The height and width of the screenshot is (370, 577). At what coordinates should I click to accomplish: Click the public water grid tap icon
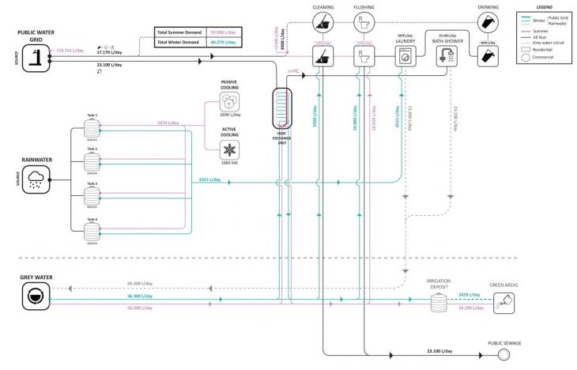[x=36, y=56]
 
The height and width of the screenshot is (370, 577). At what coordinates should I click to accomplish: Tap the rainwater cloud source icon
[x=36, y=180]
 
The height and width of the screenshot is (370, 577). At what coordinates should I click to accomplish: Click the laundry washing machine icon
[x=406, y=56]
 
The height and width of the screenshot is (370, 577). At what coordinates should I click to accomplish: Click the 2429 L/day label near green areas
[x=470, y=294]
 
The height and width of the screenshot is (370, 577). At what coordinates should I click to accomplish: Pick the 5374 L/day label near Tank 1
[x=168, y=123]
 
